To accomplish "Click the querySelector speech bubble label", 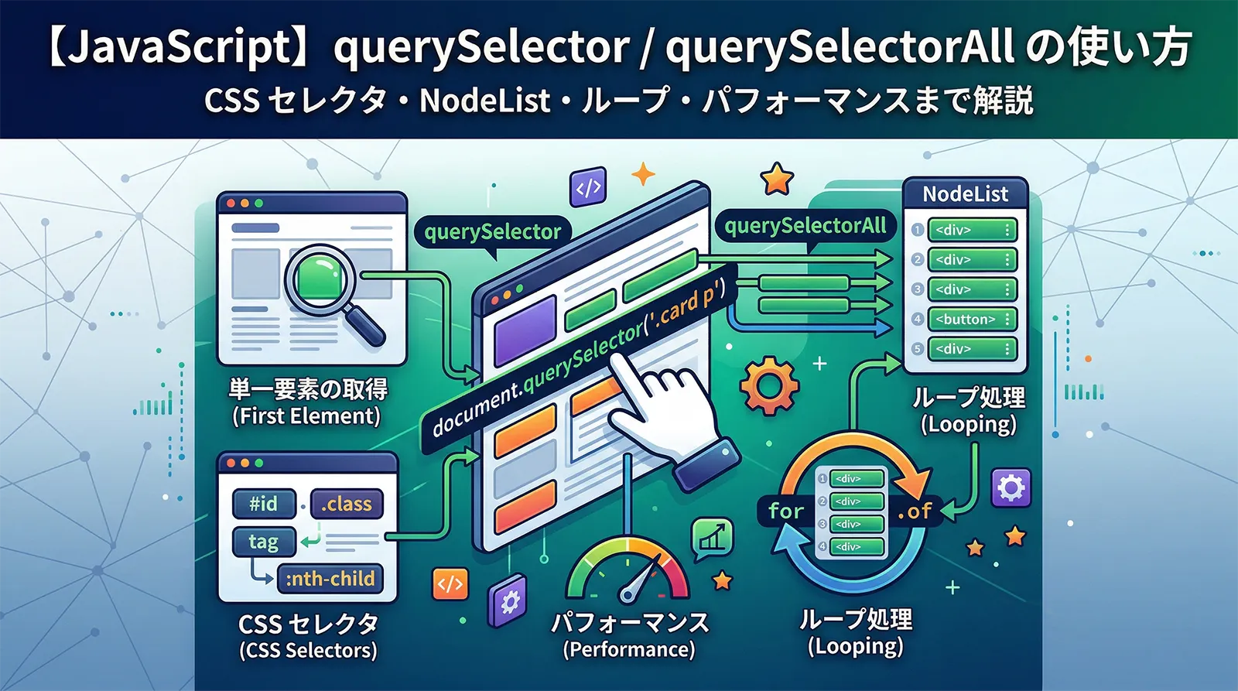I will point(492,231).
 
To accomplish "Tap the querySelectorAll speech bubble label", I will point(805,226).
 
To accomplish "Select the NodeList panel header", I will point(965,193).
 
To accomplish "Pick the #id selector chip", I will point(263,504).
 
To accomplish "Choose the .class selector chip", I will point(346,504).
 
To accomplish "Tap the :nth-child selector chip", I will point(330,578).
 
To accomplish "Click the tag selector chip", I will point(263,542).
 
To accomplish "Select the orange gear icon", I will point(768,385).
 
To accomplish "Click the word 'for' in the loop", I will point(786,511).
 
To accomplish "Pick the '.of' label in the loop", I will point(915,511).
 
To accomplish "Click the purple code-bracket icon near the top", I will point(588,188).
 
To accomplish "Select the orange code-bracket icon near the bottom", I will point(450,583).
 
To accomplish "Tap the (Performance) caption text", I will point(628,649).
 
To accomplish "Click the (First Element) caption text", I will point(306,416).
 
